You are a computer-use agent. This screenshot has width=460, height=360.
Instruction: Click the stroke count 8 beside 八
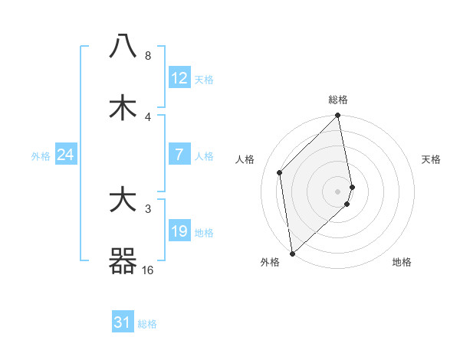click(x=147, y=56)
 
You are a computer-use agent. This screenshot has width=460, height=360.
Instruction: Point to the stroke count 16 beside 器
click(x=147, y=270)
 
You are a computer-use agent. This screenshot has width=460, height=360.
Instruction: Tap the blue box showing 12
click(x=179, y=78)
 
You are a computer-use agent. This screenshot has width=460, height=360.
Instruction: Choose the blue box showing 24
click(x=65, y=155)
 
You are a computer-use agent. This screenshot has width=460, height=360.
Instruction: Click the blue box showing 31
click(x=123, y=323)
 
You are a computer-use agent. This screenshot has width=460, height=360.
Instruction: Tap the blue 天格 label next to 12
click(x=204, y=79)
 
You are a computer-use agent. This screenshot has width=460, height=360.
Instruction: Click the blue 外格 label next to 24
click(x=41, y=156)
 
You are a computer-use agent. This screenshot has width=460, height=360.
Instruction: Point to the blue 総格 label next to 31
click(x=147, y=324)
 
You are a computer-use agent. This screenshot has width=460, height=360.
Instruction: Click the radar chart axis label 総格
click(x=338, y=100)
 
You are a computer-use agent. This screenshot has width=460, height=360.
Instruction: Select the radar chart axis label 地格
click(x=402, y=262)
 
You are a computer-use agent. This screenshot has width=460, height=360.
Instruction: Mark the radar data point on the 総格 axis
click(x=338, y=116)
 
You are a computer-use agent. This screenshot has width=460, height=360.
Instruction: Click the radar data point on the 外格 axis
click(x=292, y=253)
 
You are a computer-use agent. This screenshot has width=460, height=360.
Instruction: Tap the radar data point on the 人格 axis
click(x=280, y=172)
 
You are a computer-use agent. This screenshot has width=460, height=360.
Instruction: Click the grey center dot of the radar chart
click(x=338, y=191)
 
